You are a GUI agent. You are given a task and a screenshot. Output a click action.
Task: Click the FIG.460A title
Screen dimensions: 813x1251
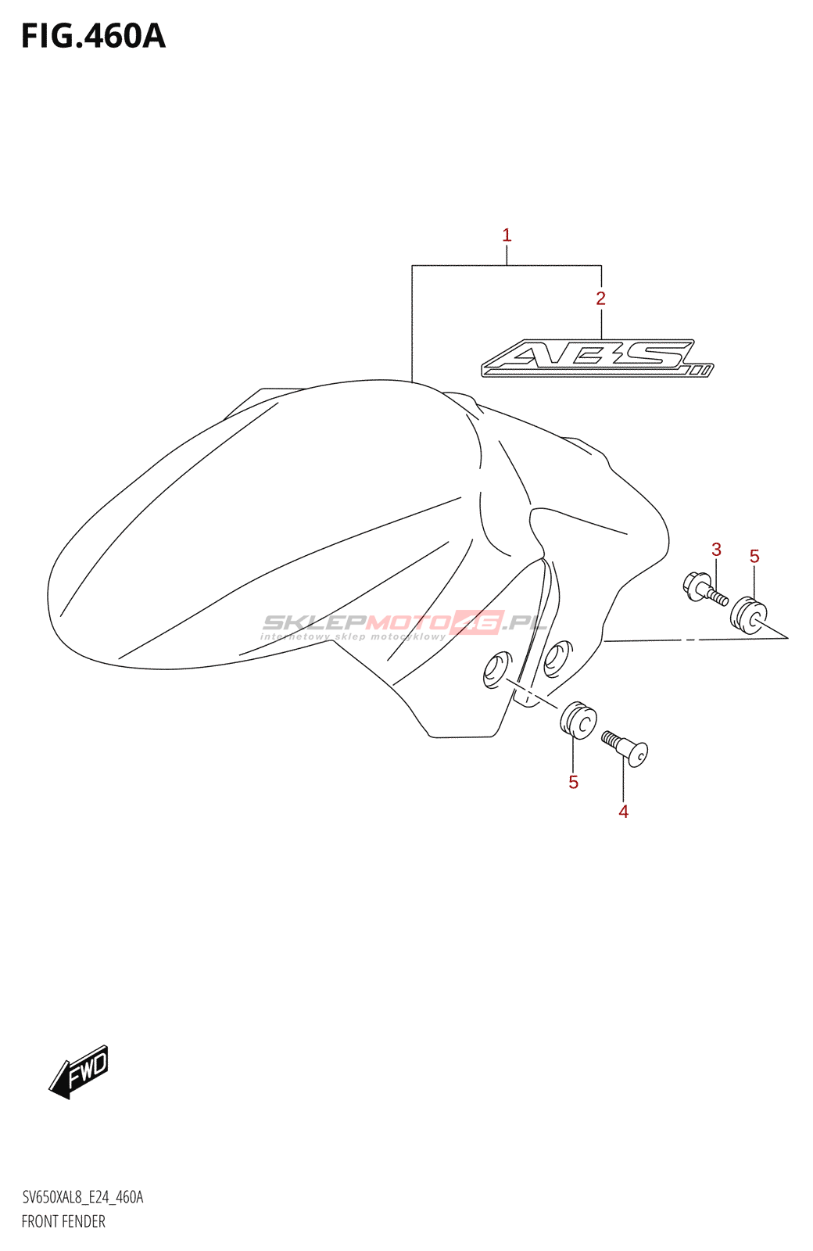(x=93, y=37)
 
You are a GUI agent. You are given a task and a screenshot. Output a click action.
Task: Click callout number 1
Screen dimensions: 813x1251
(x=507, y=235)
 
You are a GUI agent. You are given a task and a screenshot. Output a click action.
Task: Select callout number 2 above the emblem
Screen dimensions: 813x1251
(x=600, y=298)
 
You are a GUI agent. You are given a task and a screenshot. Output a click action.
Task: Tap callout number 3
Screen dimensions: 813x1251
(x=716, y=550)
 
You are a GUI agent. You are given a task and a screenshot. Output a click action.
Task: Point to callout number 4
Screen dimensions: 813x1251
(x=623, y=812)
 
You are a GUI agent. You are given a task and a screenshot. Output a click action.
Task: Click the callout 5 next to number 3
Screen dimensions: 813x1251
(x=754, y=556)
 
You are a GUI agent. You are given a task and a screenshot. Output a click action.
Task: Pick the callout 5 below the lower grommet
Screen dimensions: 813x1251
(x=573, y=782)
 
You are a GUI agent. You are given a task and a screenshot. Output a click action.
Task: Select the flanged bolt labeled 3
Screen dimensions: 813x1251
(x=706, y=590)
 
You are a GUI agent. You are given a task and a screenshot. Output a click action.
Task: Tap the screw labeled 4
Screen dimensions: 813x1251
(x=625, y=747)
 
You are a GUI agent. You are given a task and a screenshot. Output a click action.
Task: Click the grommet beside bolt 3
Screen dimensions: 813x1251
(x=749, y=615)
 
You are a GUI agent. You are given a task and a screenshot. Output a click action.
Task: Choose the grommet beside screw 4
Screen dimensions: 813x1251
(x=578, y=719)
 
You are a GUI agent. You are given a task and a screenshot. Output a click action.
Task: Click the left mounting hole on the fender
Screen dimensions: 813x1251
(x=496, y=670)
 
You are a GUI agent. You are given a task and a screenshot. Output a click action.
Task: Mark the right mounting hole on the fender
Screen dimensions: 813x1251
(x=558, y=658)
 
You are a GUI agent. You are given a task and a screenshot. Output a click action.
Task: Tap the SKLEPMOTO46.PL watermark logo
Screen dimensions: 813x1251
(x=403, y=622)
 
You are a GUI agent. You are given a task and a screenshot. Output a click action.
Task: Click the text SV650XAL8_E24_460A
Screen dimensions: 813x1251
(x=82, y=1197)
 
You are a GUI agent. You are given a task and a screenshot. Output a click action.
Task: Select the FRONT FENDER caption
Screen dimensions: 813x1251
(x=63, y=1221)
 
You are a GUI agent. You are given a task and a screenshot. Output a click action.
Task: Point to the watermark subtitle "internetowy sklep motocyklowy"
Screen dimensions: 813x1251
(x=353, y=637)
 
